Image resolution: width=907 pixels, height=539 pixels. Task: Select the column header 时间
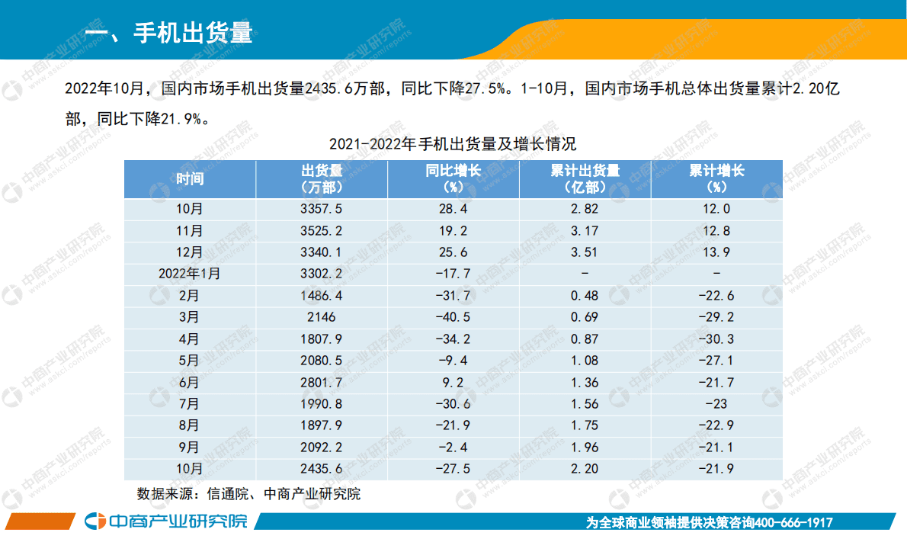pyautogui.click(x=190, y=179)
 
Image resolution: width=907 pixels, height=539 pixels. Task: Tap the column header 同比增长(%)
pyautogui.click(x=453, y=179)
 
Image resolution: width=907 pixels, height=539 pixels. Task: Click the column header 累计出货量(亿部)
pyautogui.click(x=585, y=179)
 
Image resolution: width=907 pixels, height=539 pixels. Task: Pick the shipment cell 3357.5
pyautogui.click(x=322, y=209)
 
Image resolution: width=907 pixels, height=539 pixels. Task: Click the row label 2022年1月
pyautogui.click(x=190, y=274)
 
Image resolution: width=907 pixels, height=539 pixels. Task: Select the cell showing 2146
pyautogui.click(x=322, y=317)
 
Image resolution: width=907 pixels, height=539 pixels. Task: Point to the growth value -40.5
pyautogui.click(x=453, y=317)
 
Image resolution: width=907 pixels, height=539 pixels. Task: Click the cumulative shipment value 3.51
pyautogui.click(x=585, y=252)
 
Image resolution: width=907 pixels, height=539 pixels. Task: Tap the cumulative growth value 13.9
pyautogui.click(x=716, y=252)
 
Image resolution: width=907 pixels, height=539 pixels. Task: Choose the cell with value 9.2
pyautogui.click(x=453, y=382)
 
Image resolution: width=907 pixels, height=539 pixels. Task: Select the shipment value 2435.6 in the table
pyautogui.click(x=322, y=469)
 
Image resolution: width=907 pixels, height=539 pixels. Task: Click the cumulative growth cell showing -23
pyautogui.click(x=716, y=404)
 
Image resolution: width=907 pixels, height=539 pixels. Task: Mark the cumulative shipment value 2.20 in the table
pyautogui.click(x=585, y=469)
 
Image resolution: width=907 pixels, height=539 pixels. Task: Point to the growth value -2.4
pyautogui.click(x=453, y=448)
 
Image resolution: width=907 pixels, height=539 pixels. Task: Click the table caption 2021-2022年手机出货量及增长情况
pyautogui.click(x=453, y=144)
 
